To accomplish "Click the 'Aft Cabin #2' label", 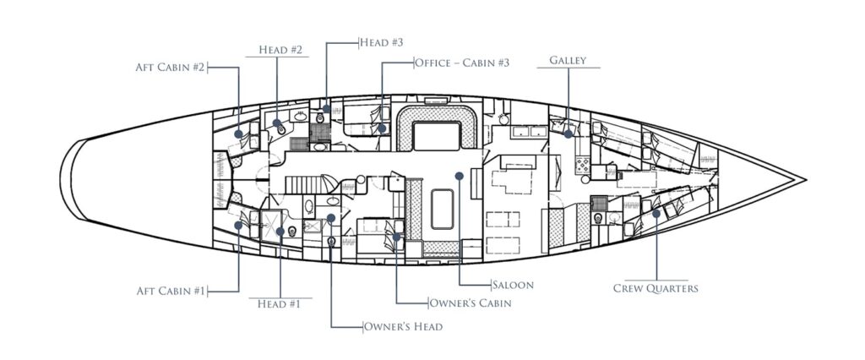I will pyautogui.click(x=171, y=66).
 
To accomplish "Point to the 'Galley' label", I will pyautogui.click(x=568, y=61).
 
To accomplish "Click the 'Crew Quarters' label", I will pyautogui.click(x=656, y=289).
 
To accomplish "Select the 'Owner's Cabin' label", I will pyautogui.click(x=469, y=303).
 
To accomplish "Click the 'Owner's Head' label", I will pyautogui.click(x=403, y=325).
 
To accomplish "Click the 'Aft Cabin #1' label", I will pyautogui.click(x=171, y=291).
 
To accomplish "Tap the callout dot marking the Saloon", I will pyautogui.click(x=458, y=176).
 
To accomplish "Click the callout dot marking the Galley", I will pyautogui.click(x=569, y=134).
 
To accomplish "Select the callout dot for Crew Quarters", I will pyautogui.click(x=656, y=215).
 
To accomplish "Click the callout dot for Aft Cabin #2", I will pyautogui.click(x=240, y=134).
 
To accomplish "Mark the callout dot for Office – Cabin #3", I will pyautogui.click(x=382, y=129).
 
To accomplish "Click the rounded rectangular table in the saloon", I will pyautogui.click(x=443, y=209).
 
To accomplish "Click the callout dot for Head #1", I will pyautogui.click(x=278, y=228).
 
